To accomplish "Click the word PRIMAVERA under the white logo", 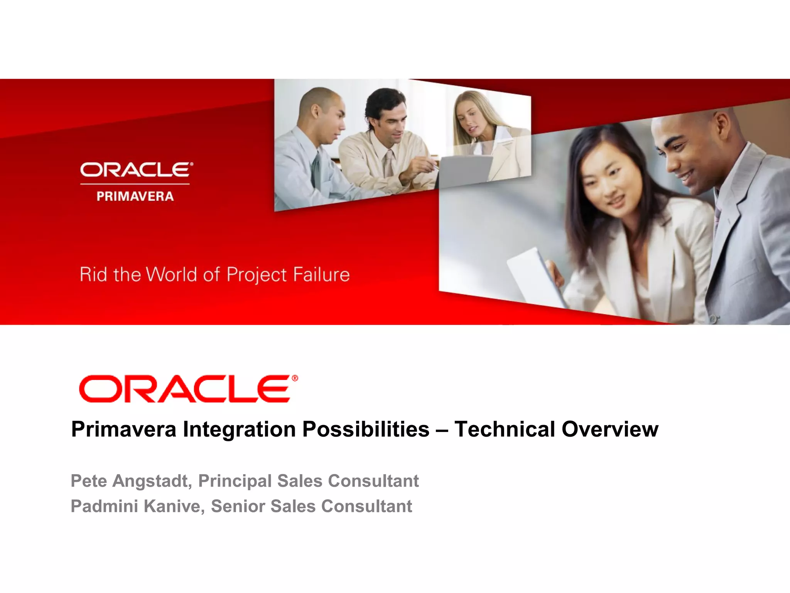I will click(x=135, y=197).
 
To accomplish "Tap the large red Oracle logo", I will click(x=185, y=389).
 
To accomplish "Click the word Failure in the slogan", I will click(x=321, y=274).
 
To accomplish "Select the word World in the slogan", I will click(x=171, y=274).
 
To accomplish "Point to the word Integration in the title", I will click(x=239, y=429).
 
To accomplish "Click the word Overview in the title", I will click(x=610, y=429).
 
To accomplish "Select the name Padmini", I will click(x=104, y=506).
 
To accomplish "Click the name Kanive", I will click(x=174, y=506).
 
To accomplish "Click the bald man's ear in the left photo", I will click(x=315, y=112).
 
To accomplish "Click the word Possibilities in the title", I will click(x=366, y=429).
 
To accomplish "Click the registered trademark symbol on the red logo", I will click(x=295, y=378).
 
